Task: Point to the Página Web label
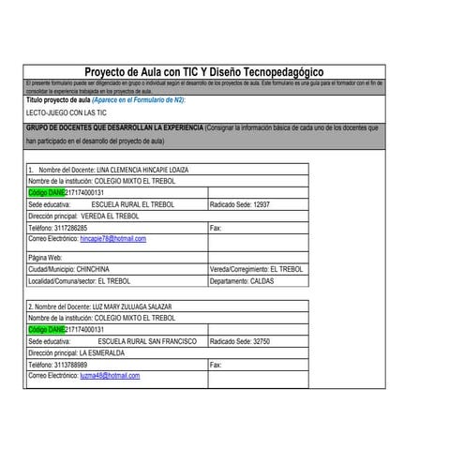45,256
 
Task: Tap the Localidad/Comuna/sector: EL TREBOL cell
79,279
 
